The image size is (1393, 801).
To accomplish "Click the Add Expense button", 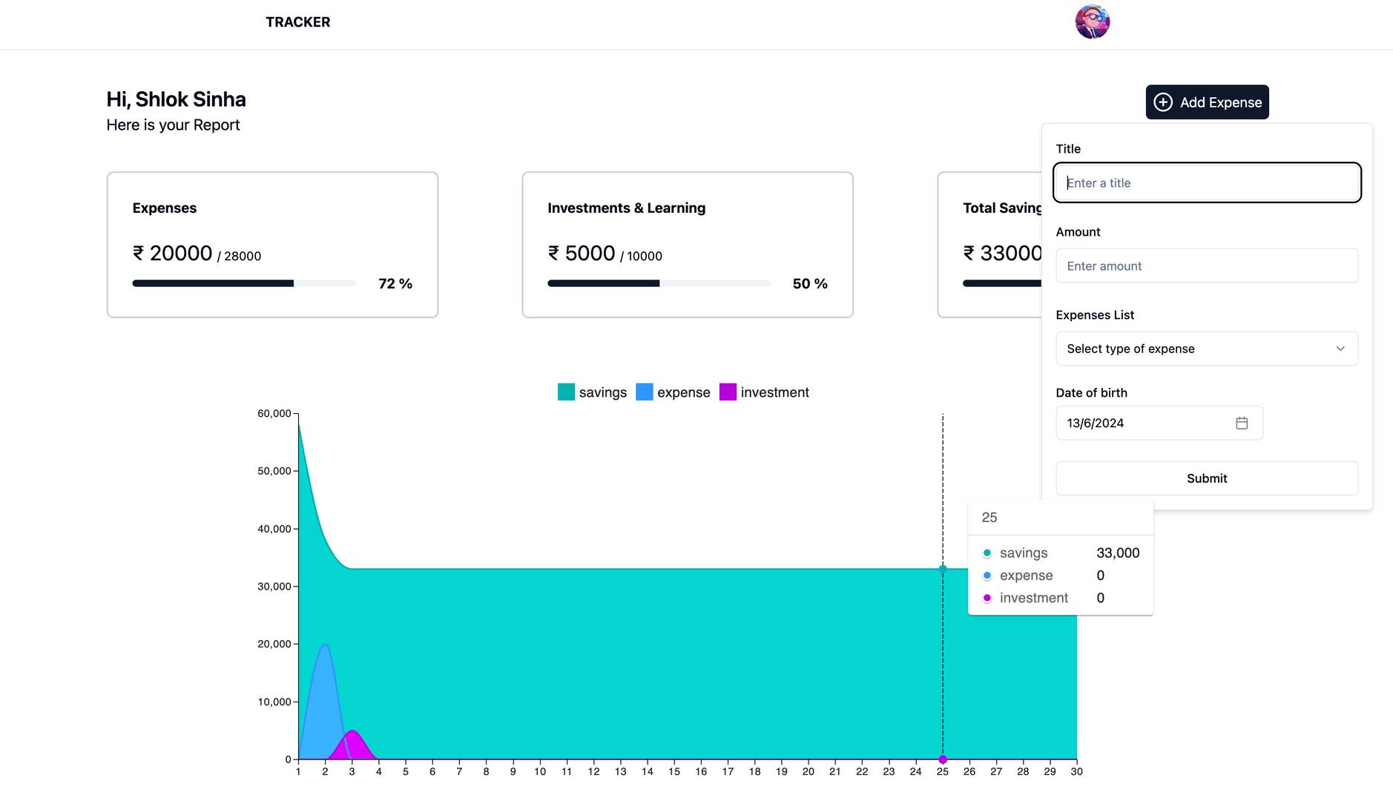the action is [1207, 102].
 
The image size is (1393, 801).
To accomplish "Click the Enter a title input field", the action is [1207, 182].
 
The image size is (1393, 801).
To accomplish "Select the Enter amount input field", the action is [1207, 266].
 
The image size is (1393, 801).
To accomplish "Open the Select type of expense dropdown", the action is [1207, 349].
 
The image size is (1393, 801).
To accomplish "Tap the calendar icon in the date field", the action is [1242, 423].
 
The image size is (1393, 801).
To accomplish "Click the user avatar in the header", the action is [1093, 22].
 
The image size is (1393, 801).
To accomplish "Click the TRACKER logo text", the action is [298, 22].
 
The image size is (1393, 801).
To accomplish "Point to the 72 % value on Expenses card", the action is [395, 283].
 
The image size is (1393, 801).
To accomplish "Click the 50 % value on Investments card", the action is [810, 283].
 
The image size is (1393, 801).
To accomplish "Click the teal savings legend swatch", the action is [566, 392].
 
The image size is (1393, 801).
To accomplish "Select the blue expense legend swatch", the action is [645, 392].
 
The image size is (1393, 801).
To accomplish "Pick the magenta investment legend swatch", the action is [728, 392].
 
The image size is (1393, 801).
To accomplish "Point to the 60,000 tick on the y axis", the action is [274, 413].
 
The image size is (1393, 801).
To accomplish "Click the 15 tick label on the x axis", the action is [674, 771].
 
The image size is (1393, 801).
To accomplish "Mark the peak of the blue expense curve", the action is [325, 645].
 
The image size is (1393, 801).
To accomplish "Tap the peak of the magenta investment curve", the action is [352, 731].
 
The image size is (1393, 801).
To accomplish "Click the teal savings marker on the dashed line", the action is [943, 569].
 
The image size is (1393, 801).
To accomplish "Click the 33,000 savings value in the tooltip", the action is [1118, 553].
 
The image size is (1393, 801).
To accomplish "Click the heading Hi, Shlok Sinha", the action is [176, 99].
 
